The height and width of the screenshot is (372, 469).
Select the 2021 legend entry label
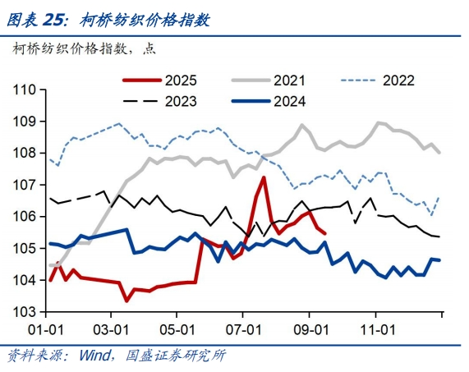click(289, 80)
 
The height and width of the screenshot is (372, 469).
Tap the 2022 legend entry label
click(398, 80)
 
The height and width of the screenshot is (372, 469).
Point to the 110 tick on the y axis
click(25, 90)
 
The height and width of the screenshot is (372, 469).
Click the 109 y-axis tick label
click(25, 122)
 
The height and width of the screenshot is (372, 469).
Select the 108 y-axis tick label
click(25, 153)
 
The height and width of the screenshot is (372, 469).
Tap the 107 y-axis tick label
click(25, 185)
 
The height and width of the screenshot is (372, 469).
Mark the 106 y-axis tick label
click(25, 216)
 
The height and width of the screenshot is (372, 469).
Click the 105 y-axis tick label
click(25, 248)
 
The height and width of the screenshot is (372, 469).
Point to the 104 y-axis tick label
click(25, 280)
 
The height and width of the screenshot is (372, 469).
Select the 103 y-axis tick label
click(25, 312)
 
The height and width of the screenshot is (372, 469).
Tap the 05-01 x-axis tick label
click(177, 328)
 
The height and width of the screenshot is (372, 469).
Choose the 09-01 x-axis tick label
click(309, 328)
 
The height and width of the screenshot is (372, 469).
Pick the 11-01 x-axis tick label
click(375, 328)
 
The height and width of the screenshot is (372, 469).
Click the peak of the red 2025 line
click(264, 177)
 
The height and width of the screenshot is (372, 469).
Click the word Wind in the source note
click(96, 356)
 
